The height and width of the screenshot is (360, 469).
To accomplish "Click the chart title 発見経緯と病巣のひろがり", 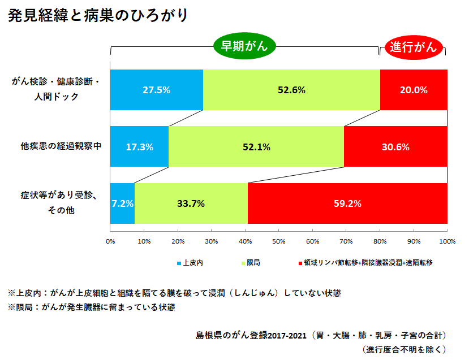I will tap(97, 16).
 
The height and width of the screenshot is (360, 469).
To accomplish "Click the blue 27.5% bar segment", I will tap(156, 90).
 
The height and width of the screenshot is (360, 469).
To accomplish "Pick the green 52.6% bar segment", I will tap(291, 90).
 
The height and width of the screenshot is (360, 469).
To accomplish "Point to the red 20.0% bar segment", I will tap(414, 90).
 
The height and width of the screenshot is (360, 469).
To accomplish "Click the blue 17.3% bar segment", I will tap(139, 146).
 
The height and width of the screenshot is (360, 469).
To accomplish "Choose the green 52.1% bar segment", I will tap(256, 146).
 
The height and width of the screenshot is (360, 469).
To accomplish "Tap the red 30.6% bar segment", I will tap(395, 146).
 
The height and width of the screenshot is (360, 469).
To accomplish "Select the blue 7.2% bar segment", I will tap(122, 203).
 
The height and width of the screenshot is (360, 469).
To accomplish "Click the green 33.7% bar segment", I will tap(191, 203).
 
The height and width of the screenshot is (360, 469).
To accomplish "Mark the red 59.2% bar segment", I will tap(347, 203).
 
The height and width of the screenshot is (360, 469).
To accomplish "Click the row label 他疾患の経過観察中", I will tap(61, 146).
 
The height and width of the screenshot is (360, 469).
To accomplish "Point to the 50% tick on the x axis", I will tap(278, 241).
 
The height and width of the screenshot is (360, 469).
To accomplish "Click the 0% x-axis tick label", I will tap(111, 241).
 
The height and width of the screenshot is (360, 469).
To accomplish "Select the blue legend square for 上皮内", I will tap(179, 263).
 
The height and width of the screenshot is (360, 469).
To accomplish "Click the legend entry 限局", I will tap(253, 263).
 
